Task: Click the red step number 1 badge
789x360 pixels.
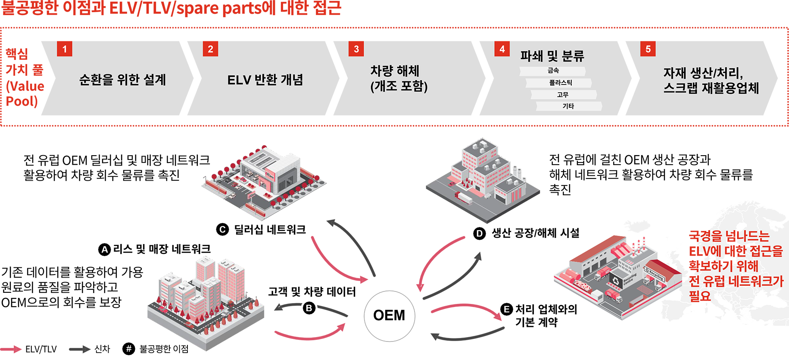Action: pos(65,49)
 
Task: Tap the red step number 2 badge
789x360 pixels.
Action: pos(210,49)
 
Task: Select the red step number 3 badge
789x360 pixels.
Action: pos(356,49)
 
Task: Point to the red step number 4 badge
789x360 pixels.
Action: pos(502,49)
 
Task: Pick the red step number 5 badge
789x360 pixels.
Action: pos(648,49)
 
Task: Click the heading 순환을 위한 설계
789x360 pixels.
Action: pos(122,80)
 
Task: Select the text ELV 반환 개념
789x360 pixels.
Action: pos(265,80)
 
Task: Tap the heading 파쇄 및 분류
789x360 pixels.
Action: pos(552,56)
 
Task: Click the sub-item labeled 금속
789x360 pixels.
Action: pos(553,71)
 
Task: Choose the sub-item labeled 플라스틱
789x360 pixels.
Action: pos(560,82)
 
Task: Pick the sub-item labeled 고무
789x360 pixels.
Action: pos(563,94)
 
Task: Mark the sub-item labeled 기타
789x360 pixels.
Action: pos(568,106)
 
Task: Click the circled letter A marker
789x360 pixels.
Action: pos(105,249)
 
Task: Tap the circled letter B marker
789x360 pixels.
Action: pos(309,308)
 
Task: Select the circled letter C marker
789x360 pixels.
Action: pos(222,229)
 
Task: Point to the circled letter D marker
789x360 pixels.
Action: pos(479,234)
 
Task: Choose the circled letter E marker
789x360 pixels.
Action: pos(506,309)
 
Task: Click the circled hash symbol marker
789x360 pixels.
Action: pos(128,348)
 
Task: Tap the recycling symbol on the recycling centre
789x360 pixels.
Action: pos(615,281)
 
